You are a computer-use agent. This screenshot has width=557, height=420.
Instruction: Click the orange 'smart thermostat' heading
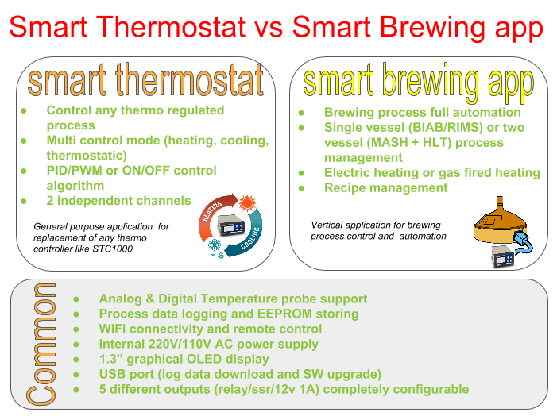[x=145, y=79]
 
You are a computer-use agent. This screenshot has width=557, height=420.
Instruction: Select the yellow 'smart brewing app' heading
[x=419, y=83]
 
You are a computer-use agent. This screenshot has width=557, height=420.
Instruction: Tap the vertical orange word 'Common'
[x=41, y=344]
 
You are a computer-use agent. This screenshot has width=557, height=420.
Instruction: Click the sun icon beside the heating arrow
[x=247, y=203]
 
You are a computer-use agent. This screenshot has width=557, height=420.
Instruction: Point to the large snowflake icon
[x=215, y=245]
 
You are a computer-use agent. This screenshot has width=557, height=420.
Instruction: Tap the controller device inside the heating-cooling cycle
[x=232, y=225]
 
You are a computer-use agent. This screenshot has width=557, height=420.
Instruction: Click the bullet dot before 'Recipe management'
[x=301, y=188]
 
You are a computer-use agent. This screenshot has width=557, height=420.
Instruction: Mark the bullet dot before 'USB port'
[x=76, y=375]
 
